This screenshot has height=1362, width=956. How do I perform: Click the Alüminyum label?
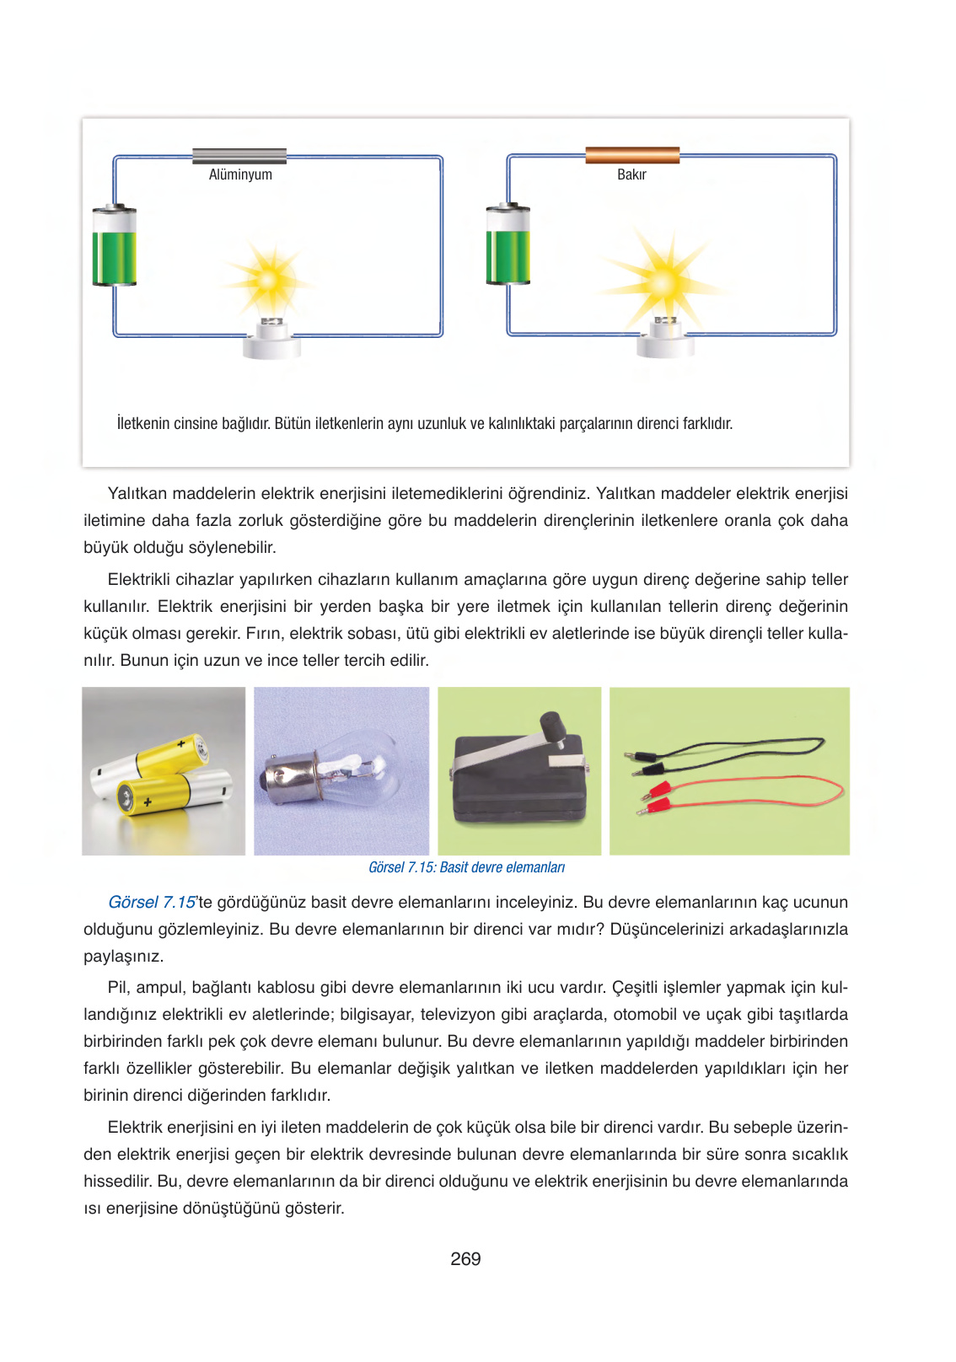pos(240,174)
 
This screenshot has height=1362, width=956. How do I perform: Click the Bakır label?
pos(631,174)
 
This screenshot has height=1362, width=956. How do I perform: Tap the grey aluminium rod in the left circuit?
pos(239,156)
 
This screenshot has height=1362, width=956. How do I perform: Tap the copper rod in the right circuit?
pos(632,155)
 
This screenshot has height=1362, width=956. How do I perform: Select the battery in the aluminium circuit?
pos(114,247)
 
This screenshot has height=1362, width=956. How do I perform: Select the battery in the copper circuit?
pos(508,246)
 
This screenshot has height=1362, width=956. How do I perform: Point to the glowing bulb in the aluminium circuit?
pos(271,283)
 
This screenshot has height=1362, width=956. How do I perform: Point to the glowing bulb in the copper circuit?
pos(665,282)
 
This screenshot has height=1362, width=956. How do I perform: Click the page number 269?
pos(465,1259)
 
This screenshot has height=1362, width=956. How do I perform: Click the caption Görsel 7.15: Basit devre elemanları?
pos(466,867)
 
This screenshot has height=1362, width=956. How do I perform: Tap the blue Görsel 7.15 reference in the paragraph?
pos(152,902)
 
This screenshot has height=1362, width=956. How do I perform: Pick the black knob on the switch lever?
pos(553,726)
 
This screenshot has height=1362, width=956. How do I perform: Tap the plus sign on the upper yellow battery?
pos(180,745)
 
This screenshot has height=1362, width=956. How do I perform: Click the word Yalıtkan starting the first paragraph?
pos(137,493)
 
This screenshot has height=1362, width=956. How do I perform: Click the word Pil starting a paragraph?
pos(119,987)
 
